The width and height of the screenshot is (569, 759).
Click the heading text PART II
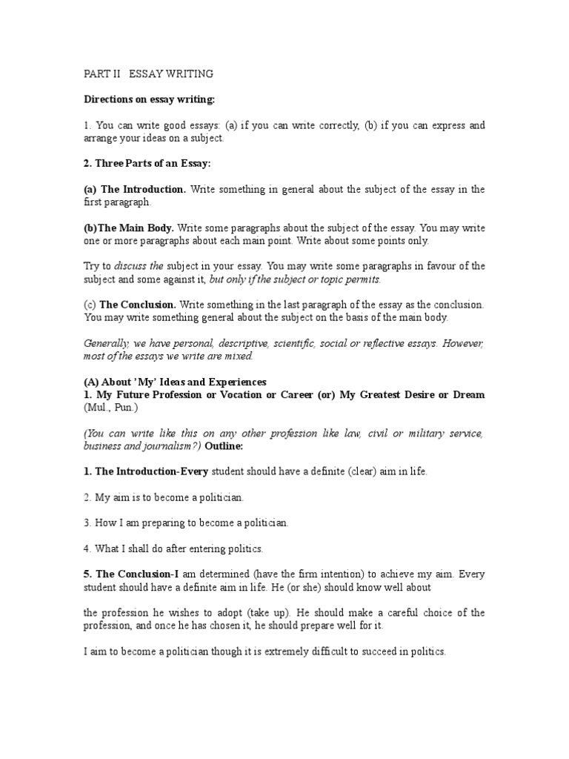coord(102,73)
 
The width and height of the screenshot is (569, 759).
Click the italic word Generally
coord(106,344)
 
